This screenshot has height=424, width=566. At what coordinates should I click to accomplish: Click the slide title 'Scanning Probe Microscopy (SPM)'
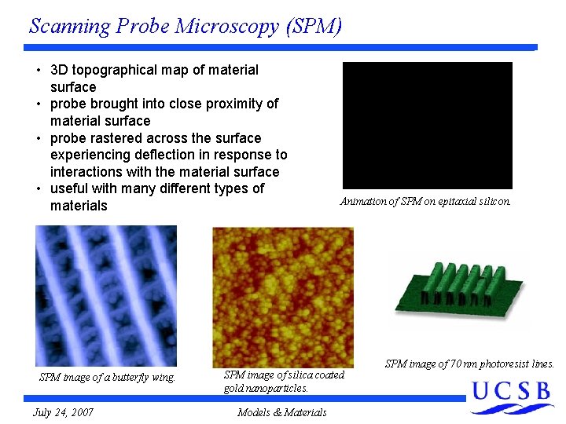186,26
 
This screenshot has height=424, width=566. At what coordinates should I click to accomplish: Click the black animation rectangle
427,126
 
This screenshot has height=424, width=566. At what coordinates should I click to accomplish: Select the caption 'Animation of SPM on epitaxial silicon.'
425,202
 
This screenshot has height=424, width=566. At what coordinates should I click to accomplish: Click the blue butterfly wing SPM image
106,296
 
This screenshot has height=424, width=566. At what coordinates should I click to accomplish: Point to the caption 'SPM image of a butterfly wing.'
107,378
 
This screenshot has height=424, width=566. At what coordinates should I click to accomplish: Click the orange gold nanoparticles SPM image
283,297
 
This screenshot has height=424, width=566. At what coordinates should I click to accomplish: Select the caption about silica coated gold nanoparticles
284,382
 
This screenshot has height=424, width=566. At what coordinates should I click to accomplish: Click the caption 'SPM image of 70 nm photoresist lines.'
469,364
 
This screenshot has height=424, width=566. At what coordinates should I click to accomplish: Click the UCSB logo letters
511,390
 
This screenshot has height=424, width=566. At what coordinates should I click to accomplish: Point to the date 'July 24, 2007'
64,412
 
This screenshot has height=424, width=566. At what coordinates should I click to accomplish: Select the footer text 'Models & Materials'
281,412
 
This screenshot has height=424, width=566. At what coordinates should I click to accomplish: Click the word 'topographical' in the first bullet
116,70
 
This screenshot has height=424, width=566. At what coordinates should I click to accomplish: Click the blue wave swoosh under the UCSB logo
513,408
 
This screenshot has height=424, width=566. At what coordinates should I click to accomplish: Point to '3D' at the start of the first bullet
60,70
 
